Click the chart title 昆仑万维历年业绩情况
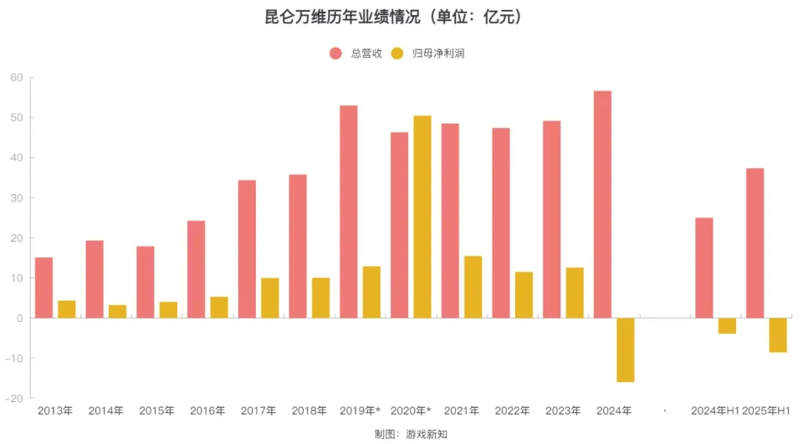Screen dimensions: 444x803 [x=392, y=17]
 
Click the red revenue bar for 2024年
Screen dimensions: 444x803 [x=602, y=204]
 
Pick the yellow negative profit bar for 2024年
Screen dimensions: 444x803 [x=625, y=350]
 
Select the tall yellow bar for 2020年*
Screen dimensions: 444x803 [x=422, y=217]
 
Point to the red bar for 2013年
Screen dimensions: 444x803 [x=43, y=288]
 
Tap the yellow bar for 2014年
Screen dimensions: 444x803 [x=118, y=311]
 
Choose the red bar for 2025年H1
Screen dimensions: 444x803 [x=754, y=242]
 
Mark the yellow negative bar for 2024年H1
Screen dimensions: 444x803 [x=727, y=326]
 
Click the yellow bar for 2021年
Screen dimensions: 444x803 [x=473, y=287]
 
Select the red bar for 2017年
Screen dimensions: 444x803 [x=247, y=249]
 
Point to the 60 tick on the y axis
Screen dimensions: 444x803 [x=16, y=78]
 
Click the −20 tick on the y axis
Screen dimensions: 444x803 [x=13, y=399]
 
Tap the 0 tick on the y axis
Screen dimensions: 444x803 [x=18, y=319]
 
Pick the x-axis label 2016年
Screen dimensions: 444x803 [x=207, y=411]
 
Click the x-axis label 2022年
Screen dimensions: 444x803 [x=512, y=411]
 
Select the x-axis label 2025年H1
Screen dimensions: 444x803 [x=766, y=411]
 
